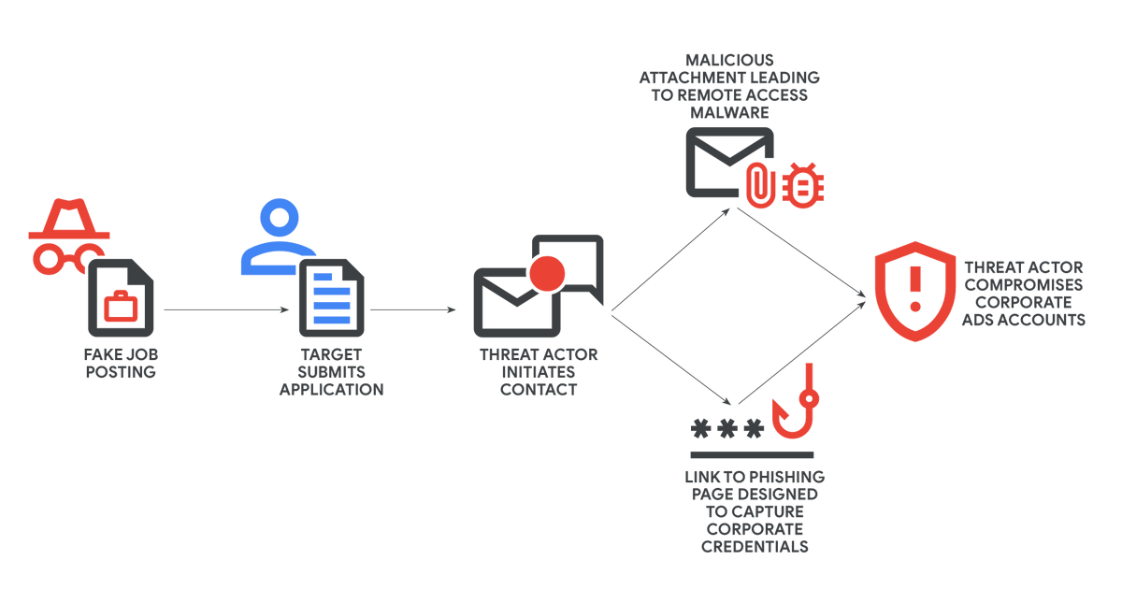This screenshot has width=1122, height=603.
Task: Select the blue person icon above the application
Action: (x=278, y=238)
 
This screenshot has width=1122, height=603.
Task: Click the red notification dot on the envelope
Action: (x=547, y=273)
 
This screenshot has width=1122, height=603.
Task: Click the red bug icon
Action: (x=803, y=183)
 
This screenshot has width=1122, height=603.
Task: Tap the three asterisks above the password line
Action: (x=726, y=429)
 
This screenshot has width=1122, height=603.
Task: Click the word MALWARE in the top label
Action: (x=729, y=112)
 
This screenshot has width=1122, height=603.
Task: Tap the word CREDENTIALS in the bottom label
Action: (x=755, y=546)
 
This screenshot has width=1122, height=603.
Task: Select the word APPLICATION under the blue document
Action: (x=331, y=389)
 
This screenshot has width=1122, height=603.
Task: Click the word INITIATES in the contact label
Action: (x=539, y=372)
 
